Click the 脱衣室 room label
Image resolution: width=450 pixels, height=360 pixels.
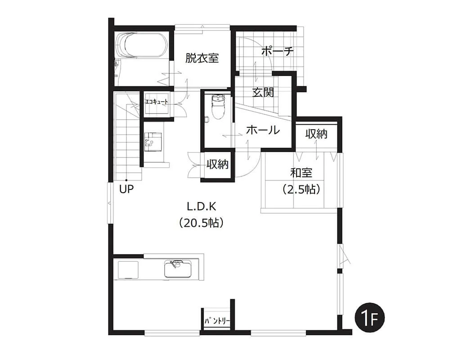202,58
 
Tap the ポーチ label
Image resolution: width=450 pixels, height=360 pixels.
278,51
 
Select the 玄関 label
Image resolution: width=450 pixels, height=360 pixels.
263,92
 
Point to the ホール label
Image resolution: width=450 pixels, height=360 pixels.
263,130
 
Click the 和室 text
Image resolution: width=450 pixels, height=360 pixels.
301,173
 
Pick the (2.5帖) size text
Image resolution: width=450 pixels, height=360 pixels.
301,189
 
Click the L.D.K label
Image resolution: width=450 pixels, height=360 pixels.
202,206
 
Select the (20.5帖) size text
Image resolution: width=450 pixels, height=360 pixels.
202,222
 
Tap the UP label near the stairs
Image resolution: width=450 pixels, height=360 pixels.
126,189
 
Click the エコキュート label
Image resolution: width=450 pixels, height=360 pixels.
157,102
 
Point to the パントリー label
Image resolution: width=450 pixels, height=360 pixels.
217,321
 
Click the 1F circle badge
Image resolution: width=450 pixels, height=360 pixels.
369,318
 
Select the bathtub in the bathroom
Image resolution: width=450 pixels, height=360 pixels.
141,45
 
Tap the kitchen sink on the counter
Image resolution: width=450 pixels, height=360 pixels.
178,268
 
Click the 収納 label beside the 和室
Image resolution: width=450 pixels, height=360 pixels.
316,134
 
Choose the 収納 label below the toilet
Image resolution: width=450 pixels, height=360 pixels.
217,164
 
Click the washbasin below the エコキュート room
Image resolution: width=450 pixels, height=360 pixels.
153,142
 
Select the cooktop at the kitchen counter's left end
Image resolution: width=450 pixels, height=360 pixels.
128,270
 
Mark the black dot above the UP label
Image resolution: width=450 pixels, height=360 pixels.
126,180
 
